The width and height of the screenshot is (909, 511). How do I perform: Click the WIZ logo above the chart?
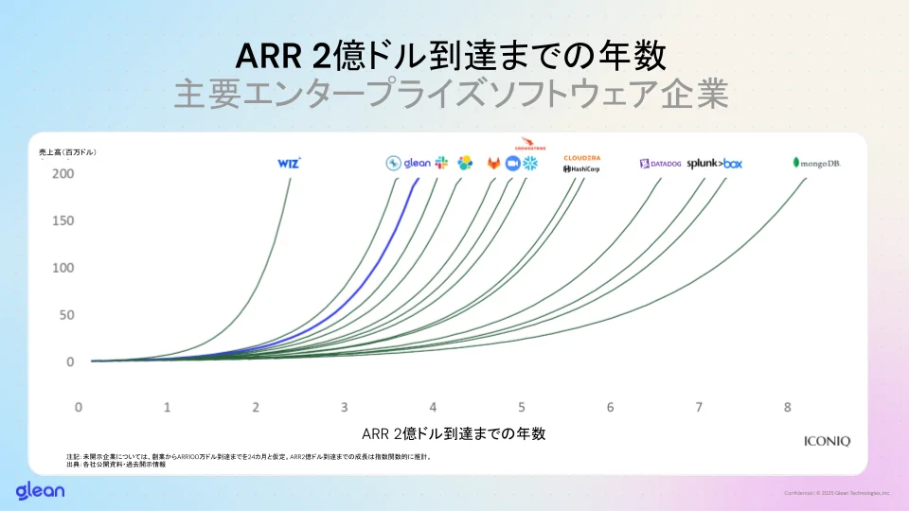[x=289, y=163]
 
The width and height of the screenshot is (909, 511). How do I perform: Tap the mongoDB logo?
[x=816, y=163]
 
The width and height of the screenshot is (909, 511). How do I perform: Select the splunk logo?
[x=704, y=163]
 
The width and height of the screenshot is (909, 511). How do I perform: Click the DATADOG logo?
[x=660, y=164]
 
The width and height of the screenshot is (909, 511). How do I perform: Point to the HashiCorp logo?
[x=581, y=168]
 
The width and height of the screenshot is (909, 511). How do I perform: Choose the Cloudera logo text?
[x=581, y=157]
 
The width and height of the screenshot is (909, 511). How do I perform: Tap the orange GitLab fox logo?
[x=493, y=164]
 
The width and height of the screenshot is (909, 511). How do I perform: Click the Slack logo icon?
[x=442, y=164]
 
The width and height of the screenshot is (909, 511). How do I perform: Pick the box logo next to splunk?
[x=733, y=164]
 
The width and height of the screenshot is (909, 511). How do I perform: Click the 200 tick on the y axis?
[x=63, y=174]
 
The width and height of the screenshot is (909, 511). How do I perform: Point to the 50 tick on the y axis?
[x=66, y=314]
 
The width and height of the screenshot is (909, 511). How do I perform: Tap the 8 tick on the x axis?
[x=787, y=407]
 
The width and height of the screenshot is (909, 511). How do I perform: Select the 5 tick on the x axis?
[x=521, y=407]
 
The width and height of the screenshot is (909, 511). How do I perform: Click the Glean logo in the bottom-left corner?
[x=40, y=490]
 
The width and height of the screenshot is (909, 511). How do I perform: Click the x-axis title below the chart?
[x=454, y=433]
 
